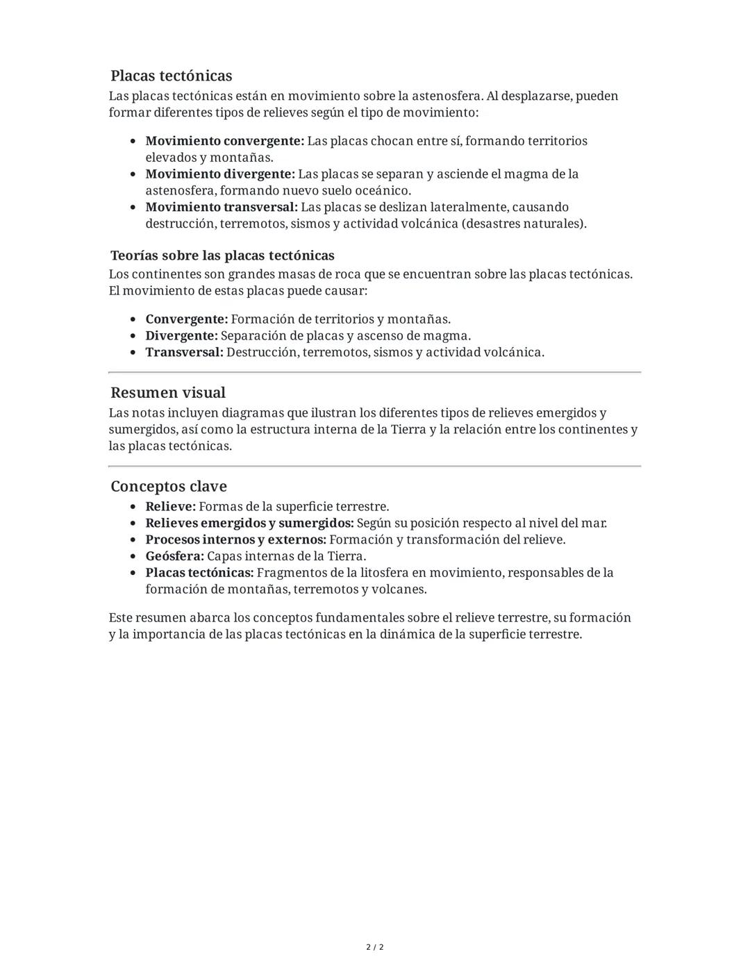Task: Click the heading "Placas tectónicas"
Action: (x=171, y=76)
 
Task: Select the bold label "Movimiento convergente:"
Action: (x=224, y=141)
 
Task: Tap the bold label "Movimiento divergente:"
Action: (x=219, y=174)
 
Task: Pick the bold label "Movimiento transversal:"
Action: (x=221, y=207)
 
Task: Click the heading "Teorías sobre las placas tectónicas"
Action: (x=222, y=256)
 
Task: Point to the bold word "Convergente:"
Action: (x=186, y=319)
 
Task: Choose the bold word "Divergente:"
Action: (x=181, y=336)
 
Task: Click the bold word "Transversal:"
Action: (x=184, y=353)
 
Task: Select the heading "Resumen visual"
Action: (x=168, y=393)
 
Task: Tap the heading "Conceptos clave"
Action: (x=169, y=486)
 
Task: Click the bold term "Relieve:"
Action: (x=170, y=507)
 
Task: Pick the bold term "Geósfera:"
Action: (x=174, y=556)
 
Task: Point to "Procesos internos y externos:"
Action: (x=235, y=540)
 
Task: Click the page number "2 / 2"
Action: (x=375, y=947)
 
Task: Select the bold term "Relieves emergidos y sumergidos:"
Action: (x=249, y=524)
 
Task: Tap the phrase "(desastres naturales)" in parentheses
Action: (x=524, y=224)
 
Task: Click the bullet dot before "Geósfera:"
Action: (x=133, y=557)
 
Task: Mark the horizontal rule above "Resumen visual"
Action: (x=375, y=373)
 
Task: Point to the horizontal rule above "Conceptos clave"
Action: (x=375, y=466)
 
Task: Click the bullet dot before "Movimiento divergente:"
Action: (x=133, y=174)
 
